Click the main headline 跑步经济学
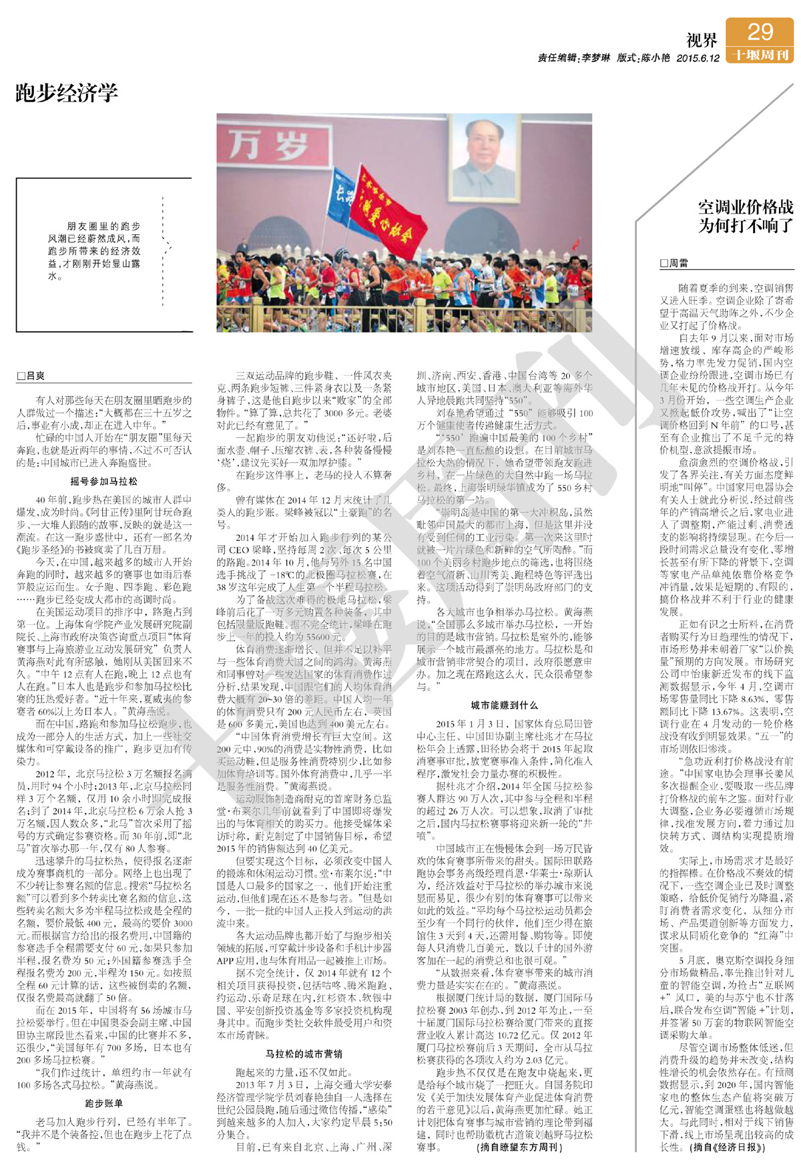point(67,93)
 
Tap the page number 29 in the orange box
point(760,31)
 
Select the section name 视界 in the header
point(702,41)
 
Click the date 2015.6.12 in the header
point(698,58)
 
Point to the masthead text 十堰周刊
point(760,55)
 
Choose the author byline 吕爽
point(31,376)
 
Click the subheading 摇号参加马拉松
point(103,481)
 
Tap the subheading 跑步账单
point(103,1103)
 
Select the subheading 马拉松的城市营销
point(304,1054)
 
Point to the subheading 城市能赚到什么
point(504,705)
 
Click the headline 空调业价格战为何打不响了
point(746,216)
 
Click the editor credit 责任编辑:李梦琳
point(573,58)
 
